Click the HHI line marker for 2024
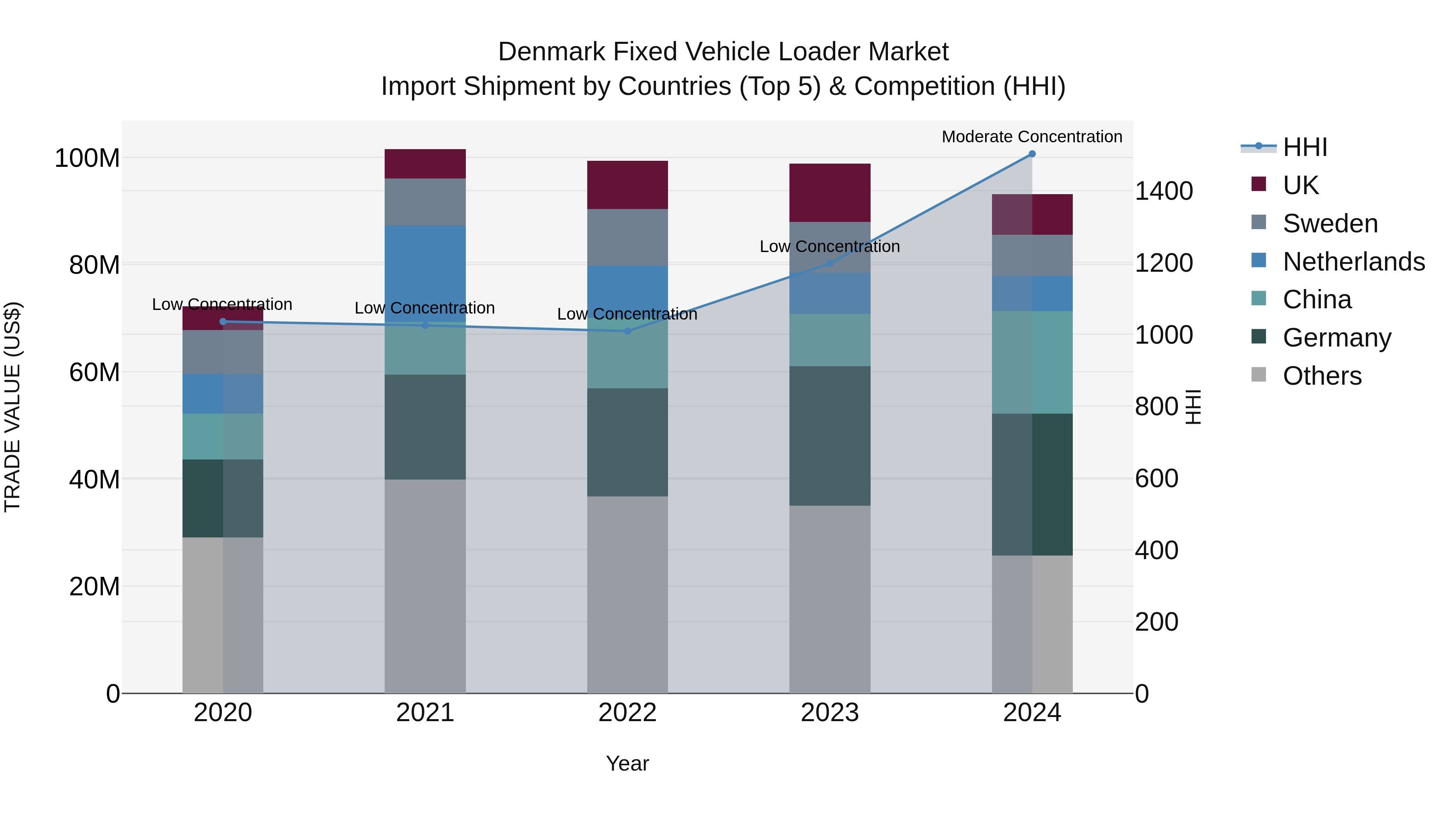pos(1032,154)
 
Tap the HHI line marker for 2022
pos(627,331)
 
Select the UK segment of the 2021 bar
pos(425,164)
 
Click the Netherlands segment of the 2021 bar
pos(425,270)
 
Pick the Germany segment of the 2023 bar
pos(830,435)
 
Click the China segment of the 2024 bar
pos(1032,362)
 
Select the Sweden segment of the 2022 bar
pos(627,237)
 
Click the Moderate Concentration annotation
pos(1032,137)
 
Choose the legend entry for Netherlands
pos(1353,261)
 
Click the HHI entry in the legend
pos(1304,147)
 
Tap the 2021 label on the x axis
pos(425,712)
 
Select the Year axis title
pos(627,763)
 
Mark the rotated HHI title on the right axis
pos(1193,407)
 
